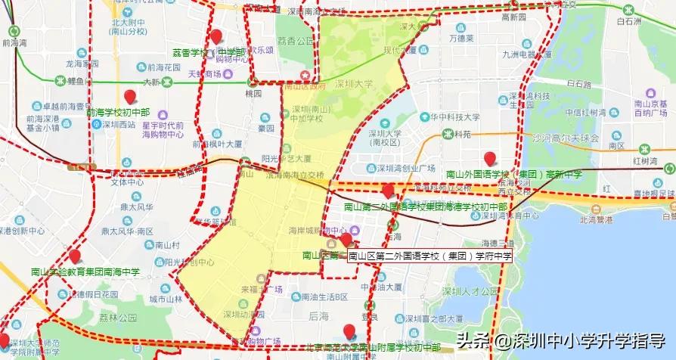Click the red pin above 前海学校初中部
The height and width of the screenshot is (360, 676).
tap(130, 97)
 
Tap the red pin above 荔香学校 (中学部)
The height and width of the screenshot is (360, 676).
tap(216, 36)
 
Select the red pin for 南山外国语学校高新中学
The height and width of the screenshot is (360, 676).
tap(490, 159)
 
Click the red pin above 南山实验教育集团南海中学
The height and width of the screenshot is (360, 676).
tap(74, 256)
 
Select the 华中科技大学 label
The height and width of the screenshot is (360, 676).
tap(454, 117)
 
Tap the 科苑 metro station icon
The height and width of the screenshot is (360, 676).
tap(440, 135)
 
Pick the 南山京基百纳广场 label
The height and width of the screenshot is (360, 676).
tap(650, 109)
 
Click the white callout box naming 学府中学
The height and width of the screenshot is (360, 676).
tap(430, 256)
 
